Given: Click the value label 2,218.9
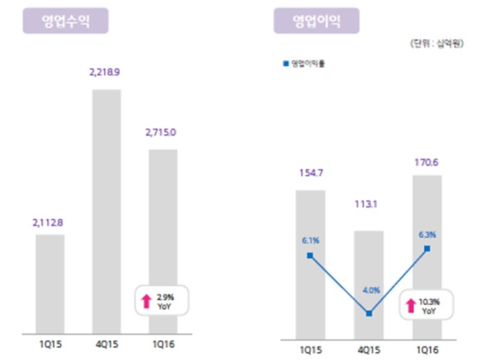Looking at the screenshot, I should point(106,74).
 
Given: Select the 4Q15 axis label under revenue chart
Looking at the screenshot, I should point(106,345).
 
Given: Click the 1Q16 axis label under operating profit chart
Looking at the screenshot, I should point(426,350).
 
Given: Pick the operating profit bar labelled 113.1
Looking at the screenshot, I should point(369,285).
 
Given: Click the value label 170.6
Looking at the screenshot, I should point(426,161).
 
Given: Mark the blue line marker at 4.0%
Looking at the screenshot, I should point(369,314).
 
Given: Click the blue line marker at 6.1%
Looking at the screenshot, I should point(310,255).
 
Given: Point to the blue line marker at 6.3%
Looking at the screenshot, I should point(426,249).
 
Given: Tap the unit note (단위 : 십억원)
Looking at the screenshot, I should point(437,44).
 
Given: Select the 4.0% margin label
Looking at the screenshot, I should point(369,290).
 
